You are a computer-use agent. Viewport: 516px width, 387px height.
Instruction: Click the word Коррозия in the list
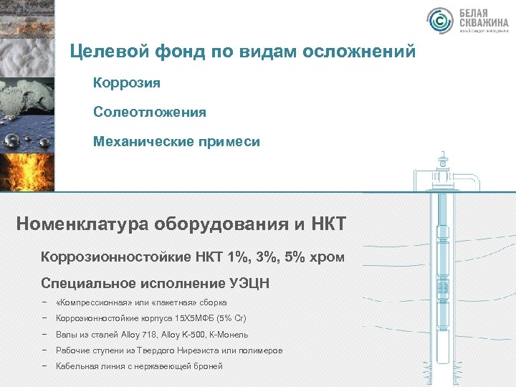pos(127,82)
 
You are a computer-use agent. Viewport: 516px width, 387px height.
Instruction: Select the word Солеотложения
pos(149,112)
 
